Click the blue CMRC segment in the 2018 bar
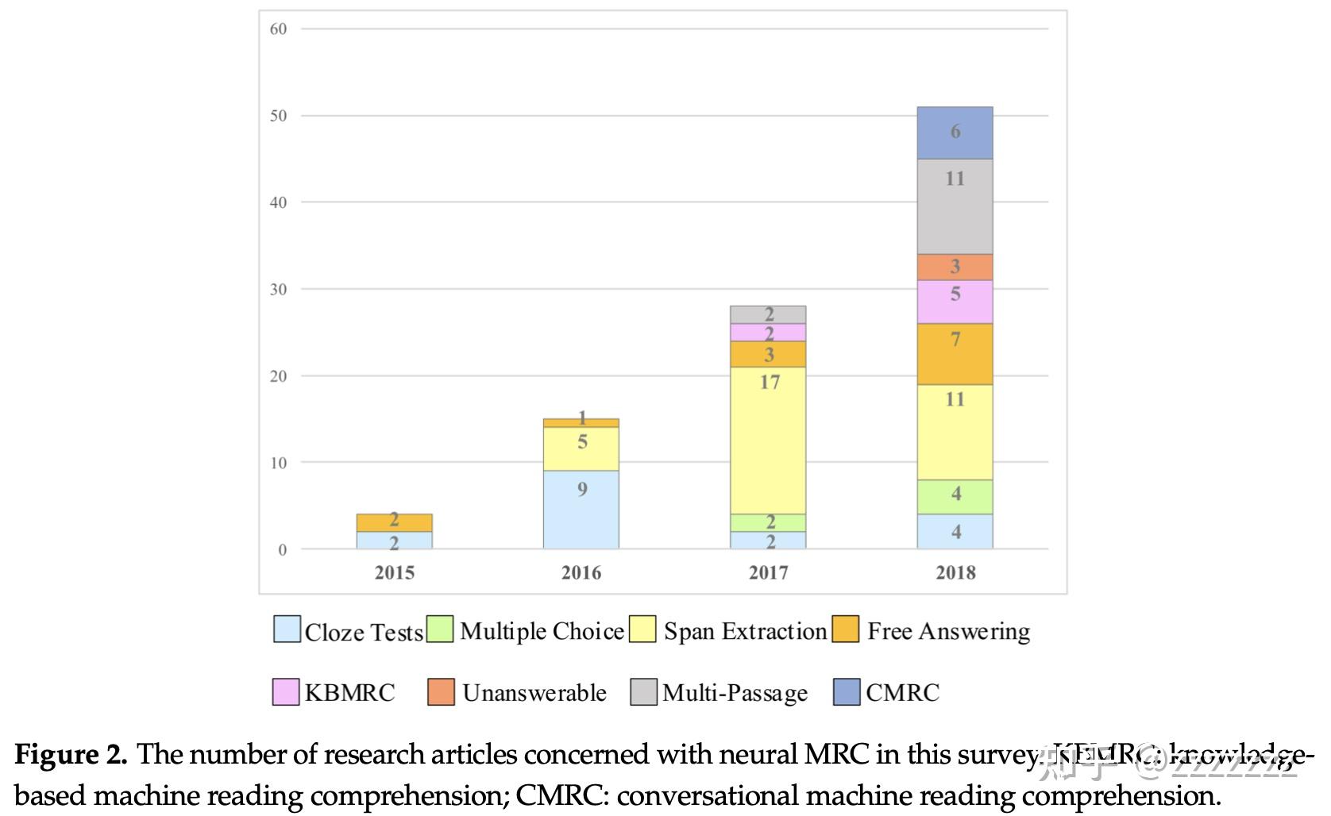click(955, 133)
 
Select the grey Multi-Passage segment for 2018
click(955, 206)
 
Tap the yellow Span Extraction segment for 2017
click(768, 441)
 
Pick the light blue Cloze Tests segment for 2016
click(581, 510)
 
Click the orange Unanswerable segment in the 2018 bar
click(955, 268)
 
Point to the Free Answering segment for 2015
click(395, 522)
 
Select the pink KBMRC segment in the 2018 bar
click(955, 302)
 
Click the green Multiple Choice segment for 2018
click(955, 497)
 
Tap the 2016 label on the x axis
click(581, 572)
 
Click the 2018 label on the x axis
click(955, 572)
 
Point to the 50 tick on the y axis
click(278, 116)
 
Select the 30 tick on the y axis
click(278, 289)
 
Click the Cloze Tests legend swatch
click(287, 629)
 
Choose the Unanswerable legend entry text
click(534, 693)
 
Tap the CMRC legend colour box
click(847, 692)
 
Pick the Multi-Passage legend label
click(735, 693)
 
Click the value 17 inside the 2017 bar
click(769, 383)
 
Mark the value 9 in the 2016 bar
click(582, 489)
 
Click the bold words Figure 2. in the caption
click(71, 754)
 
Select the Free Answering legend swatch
click(846, 629)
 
